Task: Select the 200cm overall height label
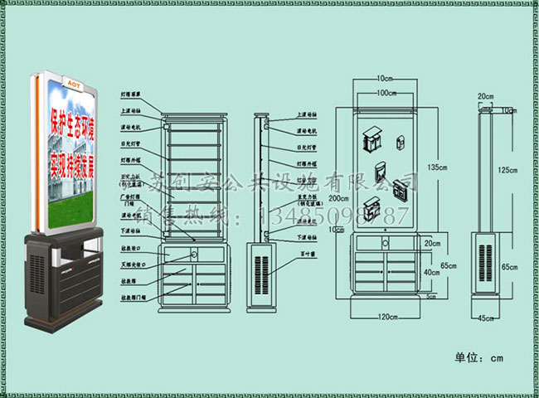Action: (x=338, y=199)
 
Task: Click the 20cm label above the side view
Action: (x=485, y=96)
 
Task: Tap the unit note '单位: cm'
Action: (x=479, y=358)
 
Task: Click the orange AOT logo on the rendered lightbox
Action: (x=72, y=85)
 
